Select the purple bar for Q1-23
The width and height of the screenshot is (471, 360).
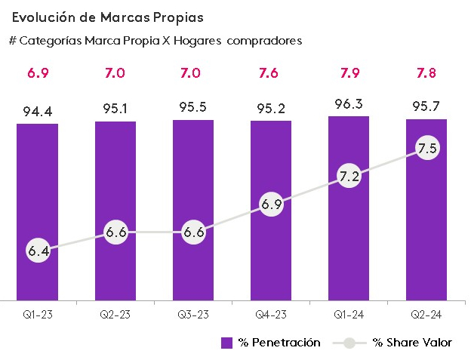tap(38, 189)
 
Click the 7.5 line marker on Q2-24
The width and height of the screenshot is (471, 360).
tap(427, 149)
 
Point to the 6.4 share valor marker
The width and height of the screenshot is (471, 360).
tap(38, 250)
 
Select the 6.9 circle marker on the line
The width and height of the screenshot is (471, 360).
tap(272, 205)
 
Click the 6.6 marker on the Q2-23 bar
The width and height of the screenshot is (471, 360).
tap(115, 232)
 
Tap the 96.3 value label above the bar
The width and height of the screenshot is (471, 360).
tap(349, 105)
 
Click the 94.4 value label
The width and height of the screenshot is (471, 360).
tap(38, 112)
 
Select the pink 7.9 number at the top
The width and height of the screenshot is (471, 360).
tap(349, 73)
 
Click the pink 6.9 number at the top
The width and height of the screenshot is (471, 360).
tap(38, 73)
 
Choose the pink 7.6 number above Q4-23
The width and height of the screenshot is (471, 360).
tap(272, 73)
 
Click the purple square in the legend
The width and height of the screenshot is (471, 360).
tap(226, 343)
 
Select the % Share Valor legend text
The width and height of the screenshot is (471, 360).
tap(412, 343)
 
